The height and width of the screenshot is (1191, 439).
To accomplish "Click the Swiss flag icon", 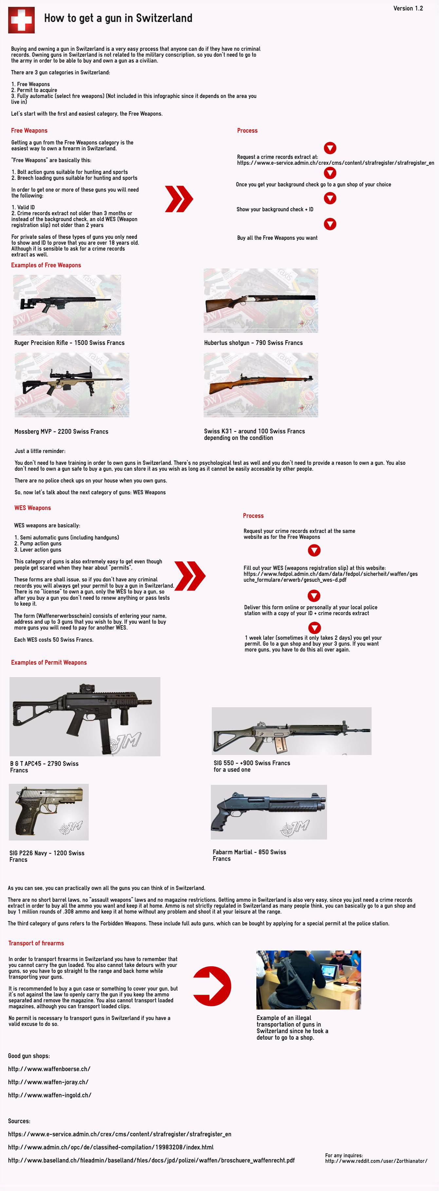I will point(21,20).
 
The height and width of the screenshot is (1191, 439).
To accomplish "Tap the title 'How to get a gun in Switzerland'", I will point(118,18).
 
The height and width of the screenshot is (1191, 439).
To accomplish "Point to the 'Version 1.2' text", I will point(408,8).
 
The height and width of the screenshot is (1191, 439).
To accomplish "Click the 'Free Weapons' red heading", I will point(29,131).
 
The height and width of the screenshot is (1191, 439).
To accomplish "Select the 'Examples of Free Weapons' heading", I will point(46,265).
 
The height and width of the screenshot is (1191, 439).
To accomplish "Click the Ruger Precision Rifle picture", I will point(67,304).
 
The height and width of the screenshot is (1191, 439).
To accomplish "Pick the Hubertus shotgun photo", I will point(261,300).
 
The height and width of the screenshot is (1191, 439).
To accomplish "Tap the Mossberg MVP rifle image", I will point(72,385).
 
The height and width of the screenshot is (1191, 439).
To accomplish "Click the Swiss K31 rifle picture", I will point(261,385).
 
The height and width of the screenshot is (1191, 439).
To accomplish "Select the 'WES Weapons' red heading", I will point(32,508).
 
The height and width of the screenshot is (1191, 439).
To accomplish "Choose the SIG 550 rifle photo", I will point(291,731).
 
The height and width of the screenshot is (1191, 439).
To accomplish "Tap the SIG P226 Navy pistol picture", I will point(48,812).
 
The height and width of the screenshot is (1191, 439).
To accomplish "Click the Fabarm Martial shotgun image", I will point(268,812).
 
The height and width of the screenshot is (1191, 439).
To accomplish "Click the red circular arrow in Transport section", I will point(212,986).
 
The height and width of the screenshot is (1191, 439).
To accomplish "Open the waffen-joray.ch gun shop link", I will point(48,1082).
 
